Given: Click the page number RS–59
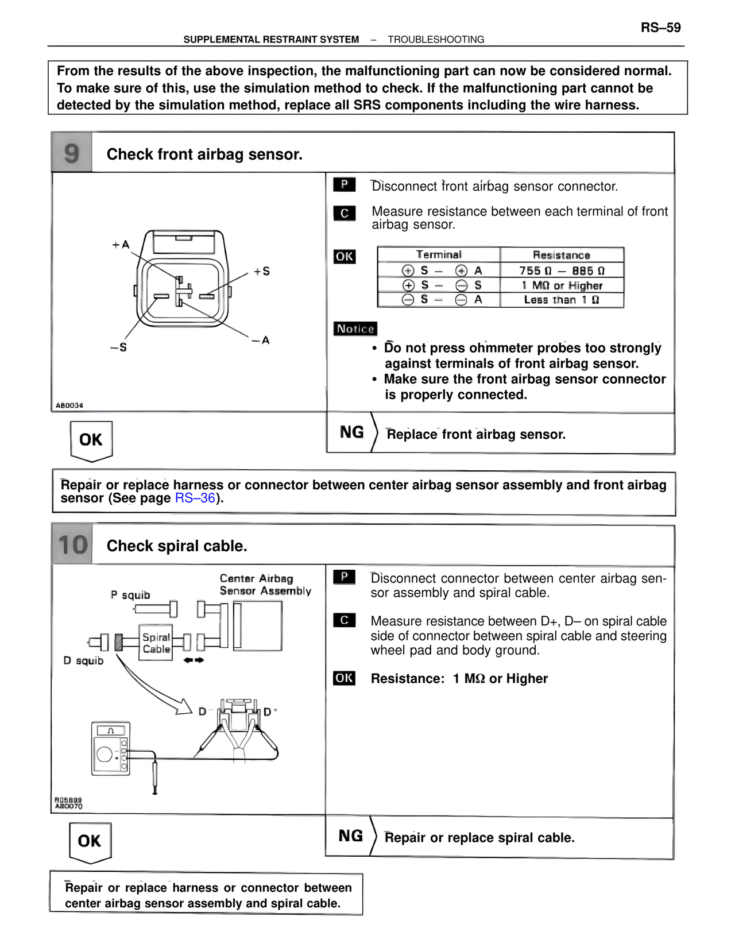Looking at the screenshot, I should (660, 28).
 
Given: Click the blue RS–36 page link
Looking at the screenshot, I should (195, 498).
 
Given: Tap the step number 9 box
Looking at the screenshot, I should (72, 153).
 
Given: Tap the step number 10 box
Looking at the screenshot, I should (72, 545).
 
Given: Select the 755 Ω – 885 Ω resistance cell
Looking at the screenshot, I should (562, 270).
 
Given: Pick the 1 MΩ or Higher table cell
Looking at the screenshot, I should (562, 285).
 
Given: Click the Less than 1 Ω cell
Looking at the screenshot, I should (562, 300).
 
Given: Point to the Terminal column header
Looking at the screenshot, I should (439, 254).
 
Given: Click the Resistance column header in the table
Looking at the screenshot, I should (562, 255).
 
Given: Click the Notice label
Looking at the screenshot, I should (355, 328).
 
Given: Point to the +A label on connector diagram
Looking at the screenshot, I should (121, 245).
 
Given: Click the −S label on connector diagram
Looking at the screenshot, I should (118, 347).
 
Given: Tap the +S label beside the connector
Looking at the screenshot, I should (262, 271).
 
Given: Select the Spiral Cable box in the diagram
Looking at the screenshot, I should (156, 643).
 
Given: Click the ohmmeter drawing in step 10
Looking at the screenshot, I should (111, 749).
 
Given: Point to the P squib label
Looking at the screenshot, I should (130, 595).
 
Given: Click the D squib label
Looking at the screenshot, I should (84, 661).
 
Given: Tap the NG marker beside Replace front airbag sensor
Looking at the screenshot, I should (351, 432).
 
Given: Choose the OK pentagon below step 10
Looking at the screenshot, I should (90, 842).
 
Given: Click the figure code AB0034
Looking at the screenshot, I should (69, 405).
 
